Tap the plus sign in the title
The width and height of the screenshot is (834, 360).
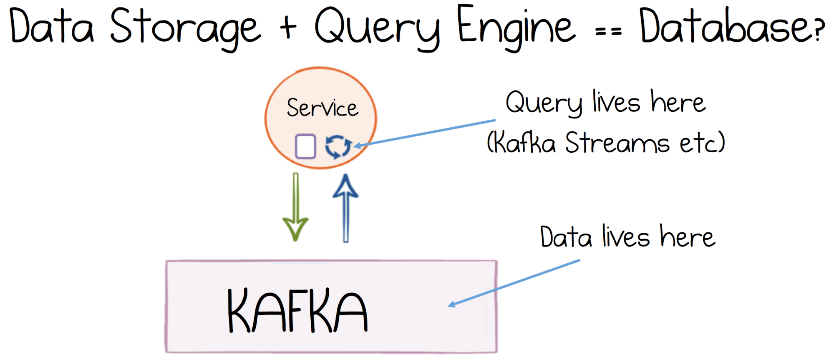pyautogui.click(x=288, y=28)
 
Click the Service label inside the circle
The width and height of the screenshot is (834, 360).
pyautogui.click(x=322, y=108)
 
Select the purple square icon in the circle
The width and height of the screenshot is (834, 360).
pyautogui.click(x=305, y=146)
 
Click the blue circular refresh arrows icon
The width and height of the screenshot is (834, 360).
pyautogui.click(x=338, y=146)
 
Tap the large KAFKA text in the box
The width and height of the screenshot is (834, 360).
pyautogui.click(x=297, y=310)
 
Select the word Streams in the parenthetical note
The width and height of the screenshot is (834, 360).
pyautogui.click(x=617, y=143)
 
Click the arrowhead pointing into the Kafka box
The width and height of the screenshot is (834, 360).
pyautogui.click(x=452, y=305)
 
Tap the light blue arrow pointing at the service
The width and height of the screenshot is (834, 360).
pyautogui.click(x=426, y=133)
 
